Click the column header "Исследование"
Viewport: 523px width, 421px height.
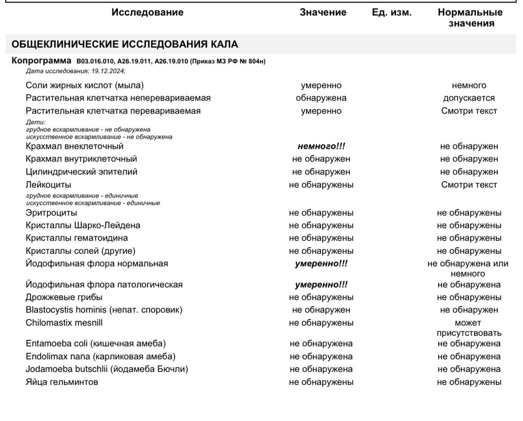tap(147, 13)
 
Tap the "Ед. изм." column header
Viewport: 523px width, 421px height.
tap(391, 13)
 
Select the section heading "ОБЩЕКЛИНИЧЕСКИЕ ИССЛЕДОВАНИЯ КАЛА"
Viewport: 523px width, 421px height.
tap(124, 44)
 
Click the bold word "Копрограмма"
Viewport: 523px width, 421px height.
tap(41, 61)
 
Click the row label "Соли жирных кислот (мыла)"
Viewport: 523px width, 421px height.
tap(85, 85)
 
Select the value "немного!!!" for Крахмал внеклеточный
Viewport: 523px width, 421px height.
tap(321, 147)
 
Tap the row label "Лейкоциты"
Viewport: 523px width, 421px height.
tap(49, 185)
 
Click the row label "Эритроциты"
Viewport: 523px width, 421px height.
tap(51, 213)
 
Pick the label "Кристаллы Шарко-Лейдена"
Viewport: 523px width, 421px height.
tap(83, 226)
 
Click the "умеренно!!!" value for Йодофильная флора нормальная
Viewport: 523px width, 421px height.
tap(321, 264)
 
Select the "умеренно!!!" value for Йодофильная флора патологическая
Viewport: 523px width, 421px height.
tap(321, 285)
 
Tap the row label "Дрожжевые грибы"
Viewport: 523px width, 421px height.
tap(64, 297)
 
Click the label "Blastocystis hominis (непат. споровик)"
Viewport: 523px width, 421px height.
tap(104, 310)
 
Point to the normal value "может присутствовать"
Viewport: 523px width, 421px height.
tap(469, 328)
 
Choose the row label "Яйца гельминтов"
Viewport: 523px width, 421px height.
tap(62, 382)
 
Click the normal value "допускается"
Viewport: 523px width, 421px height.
tap(469, 98)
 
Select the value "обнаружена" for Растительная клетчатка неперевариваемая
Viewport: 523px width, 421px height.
tap(321, 98)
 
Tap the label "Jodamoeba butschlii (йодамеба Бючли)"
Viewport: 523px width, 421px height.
tap(107, 369)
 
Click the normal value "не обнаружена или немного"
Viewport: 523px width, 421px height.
tap(468, 269)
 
